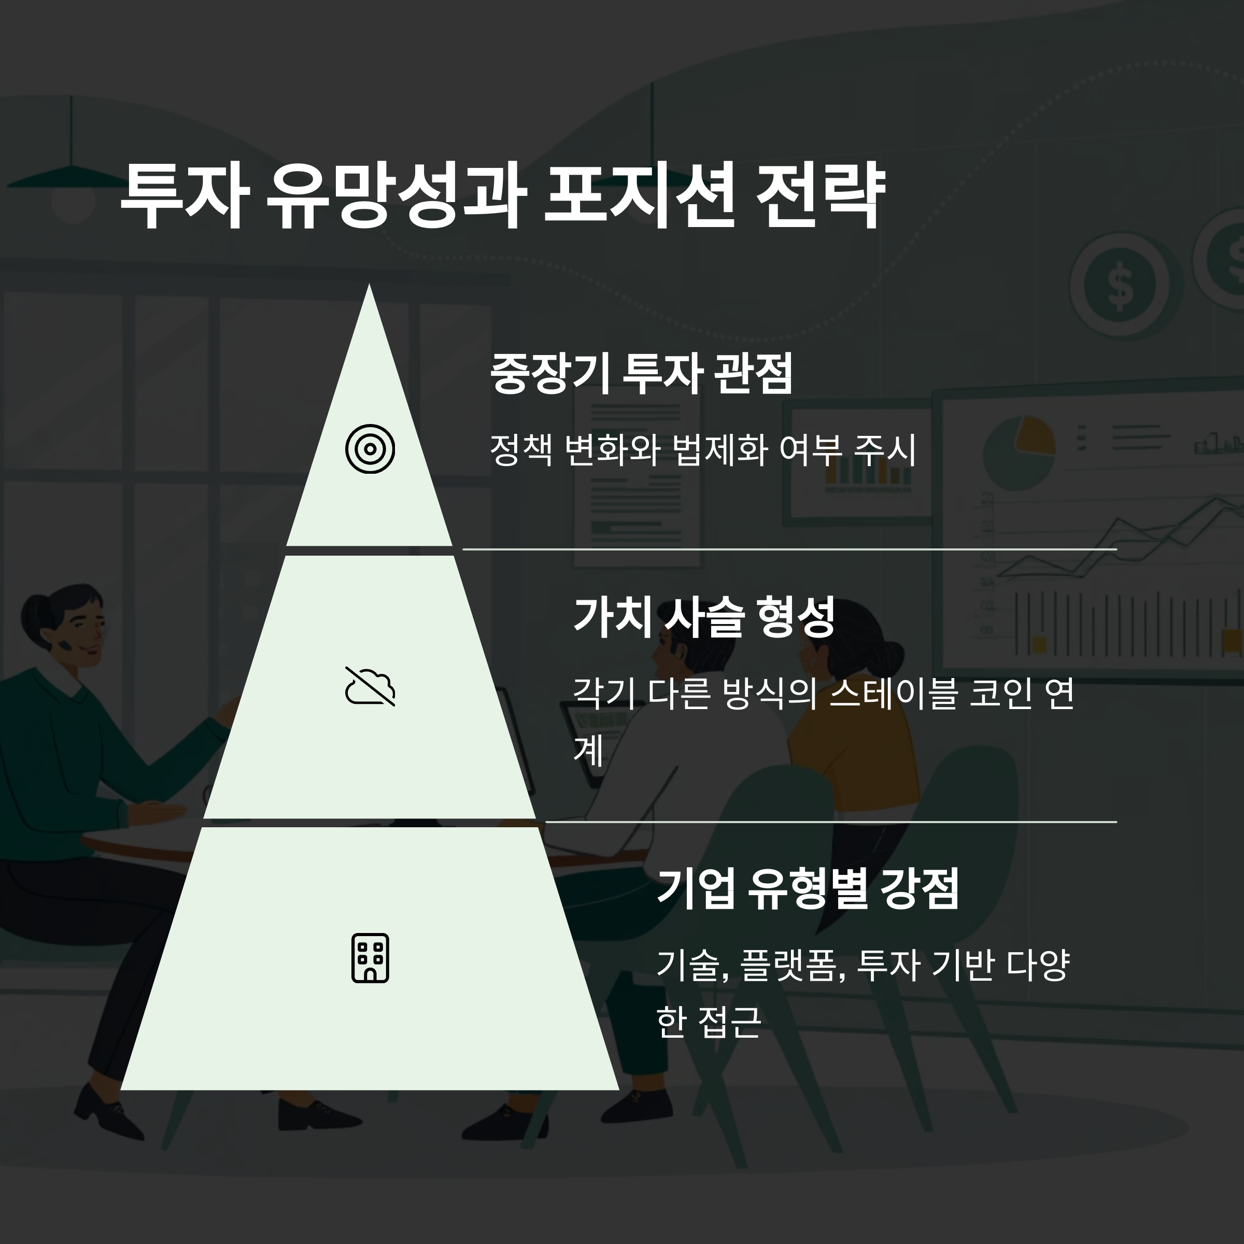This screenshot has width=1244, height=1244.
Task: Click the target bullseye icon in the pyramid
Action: [370, 449]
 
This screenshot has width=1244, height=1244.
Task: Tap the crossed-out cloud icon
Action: [370, 686]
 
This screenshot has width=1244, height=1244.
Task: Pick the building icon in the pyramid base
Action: [370, 957]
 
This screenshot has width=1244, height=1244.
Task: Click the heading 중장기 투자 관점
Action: [641, 373]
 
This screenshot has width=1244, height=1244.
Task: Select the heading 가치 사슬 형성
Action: [704, 616]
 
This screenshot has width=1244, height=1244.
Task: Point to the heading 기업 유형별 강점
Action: [808, 888]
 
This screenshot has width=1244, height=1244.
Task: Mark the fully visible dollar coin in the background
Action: [1122, 287]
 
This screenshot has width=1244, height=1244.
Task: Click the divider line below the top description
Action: [789, 549]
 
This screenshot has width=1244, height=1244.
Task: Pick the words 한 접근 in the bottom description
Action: [708, 1022]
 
